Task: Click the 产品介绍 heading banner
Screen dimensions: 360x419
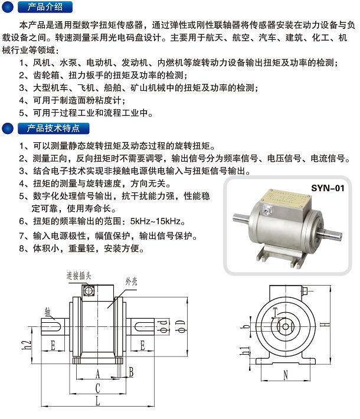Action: [x=45, y=7]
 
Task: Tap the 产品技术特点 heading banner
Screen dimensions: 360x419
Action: [x=54, y=128]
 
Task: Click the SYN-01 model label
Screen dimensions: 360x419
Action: [x=328, y=188]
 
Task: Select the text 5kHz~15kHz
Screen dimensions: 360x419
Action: [x=156, y=221]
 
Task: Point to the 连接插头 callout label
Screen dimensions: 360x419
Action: [x=78, y=276]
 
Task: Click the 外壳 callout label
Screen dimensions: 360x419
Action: [x=131, y=281]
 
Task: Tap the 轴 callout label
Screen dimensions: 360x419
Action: [x=48, y=312]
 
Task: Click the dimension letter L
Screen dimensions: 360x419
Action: [x=97, y=401]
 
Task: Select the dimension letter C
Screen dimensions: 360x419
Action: [x=97, y=388]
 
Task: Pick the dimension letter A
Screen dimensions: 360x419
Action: [x=97, y=374]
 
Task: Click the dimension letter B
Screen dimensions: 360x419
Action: [x=131, y=372]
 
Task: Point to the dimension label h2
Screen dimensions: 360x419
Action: [x=27, y=345]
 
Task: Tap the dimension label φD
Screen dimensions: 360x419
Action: [x=181, y=326]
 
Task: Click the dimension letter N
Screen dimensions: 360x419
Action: [x=286, y=375]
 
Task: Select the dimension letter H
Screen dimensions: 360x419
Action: [x=325, y=325]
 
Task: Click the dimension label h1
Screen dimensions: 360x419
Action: [x=244, y=351]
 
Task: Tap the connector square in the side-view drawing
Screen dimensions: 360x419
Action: [x=88, y=290]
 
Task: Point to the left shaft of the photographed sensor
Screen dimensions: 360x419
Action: [x=241, y=218]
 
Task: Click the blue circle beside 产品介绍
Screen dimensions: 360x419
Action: [x=8, y=7]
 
